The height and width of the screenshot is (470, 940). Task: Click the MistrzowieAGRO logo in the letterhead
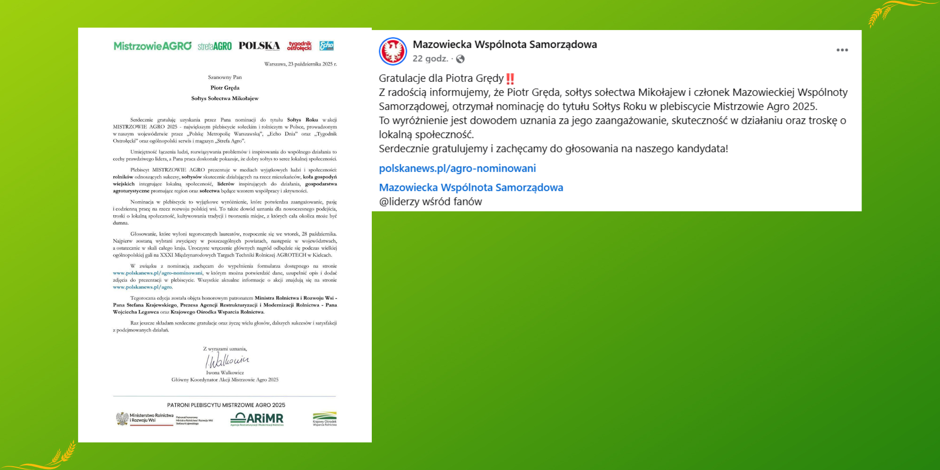(152, 46)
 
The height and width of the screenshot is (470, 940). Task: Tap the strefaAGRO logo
(215, 46)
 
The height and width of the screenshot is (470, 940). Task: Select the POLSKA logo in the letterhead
(259, 46)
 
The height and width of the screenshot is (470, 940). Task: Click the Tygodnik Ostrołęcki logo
(299, 46)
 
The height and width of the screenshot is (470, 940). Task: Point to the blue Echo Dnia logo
(326, 46)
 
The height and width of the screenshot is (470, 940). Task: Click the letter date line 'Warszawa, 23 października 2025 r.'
(300, 64)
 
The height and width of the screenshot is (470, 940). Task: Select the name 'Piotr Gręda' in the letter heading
(225, 88)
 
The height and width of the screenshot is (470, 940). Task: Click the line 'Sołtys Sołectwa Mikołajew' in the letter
(225, 99)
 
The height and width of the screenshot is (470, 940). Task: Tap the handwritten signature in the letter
(227, 360)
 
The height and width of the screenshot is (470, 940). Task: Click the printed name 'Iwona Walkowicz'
(225, 373)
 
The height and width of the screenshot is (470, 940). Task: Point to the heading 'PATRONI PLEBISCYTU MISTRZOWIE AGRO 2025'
(226, 405)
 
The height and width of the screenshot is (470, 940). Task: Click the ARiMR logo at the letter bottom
(257, 419)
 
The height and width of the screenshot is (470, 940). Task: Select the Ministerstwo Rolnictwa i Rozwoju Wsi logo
(145, 419)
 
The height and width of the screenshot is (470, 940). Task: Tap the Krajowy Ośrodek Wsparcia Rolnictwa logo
(324, 419)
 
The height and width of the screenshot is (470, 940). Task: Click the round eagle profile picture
(393, 51)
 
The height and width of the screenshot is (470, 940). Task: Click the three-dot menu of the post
(842, 50)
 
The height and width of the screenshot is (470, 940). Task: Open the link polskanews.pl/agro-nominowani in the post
(457, 168)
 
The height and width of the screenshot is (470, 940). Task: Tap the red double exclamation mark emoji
(510, 78)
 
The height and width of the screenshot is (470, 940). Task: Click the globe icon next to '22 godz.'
(461, 59)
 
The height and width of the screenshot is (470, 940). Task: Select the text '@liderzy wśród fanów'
(431, 202)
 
